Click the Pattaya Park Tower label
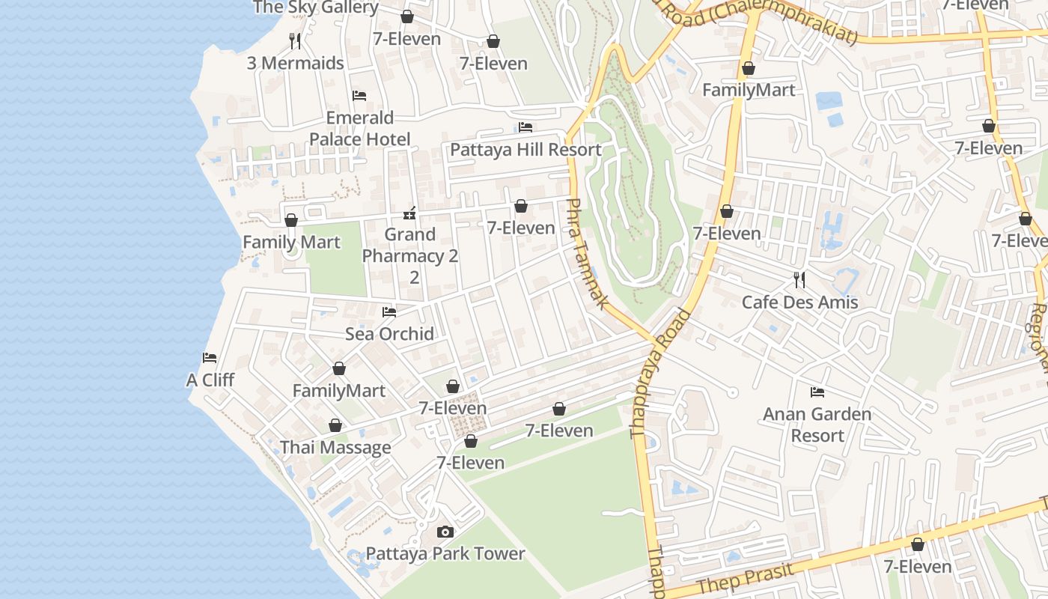coord(445,554)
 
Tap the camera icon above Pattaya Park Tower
coord(445,532)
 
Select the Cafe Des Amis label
coord(799,302)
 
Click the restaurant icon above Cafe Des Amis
coord(799,280)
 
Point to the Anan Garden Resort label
coord(817,425)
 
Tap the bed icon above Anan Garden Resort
coord(817,392)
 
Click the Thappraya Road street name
coord(659,374)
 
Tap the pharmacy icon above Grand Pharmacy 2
coord(409,213)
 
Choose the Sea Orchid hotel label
coord(389,334)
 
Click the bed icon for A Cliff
coord(210,358)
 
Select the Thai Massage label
coord(335,448)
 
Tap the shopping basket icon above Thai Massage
coord(335,426)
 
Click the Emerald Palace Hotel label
coord(359,129)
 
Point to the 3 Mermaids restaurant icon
coord(295,40)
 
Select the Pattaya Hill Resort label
coord(525,150)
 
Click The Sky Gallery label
coord(315,7)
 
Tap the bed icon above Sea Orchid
coord(389,311)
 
